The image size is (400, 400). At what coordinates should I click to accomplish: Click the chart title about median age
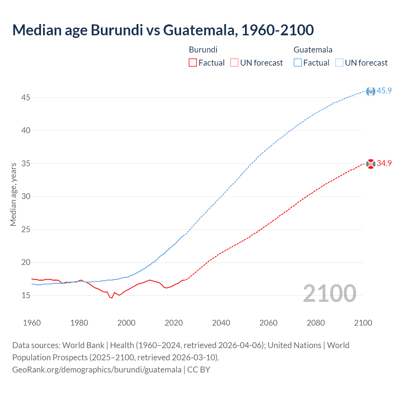(163, 30)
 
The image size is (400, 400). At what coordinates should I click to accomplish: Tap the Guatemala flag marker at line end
(371, 91)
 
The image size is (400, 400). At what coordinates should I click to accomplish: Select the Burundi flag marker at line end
(371, 164)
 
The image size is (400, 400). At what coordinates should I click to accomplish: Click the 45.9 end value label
(384, 91)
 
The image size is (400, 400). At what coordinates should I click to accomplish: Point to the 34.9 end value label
(384, 163)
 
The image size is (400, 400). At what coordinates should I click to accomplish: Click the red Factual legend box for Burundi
(193, 63)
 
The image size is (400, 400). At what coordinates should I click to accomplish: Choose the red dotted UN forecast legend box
(234, 63)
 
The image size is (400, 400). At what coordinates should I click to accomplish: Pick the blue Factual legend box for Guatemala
(297, 63)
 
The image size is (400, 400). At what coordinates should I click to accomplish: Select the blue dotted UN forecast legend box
(339, 63)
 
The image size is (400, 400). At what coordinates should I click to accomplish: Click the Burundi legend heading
(203, 50)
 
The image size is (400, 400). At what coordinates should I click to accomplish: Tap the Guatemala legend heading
(313, 50)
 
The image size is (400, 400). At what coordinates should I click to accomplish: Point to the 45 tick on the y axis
(26, 97)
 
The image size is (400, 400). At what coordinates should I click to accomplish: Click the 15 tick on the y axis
(26, 295)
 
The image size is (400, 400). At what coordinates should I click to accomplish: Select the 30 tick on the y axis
(26, 196)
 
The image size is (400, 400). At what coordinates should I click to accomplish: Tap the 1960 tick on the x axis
(32, 323)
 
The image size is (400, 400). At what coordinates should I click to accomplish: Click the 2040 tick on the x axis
(221, 323)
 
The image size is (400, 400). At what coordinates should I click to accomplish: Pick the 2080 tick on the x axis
(316, 323)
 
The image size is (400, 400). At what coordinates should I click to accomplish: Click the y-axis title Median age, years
(13, 194)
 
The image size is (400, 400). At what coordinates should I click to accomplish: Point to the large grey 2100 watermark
(329, 293)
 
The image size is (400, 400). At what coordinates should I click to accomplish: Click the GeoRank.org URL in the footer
(97, 370)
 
